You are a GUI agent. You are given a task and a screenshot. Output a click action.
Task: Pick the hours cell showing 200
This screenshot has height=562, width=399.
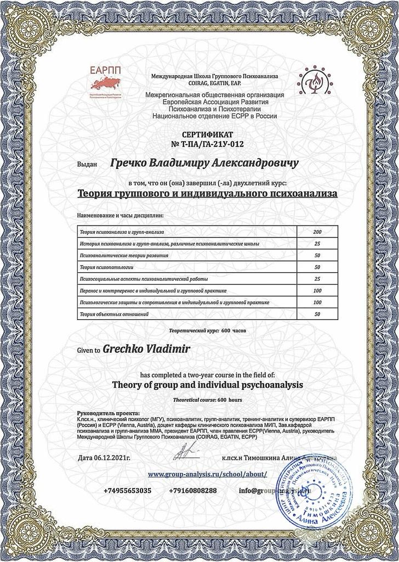coord(317,232)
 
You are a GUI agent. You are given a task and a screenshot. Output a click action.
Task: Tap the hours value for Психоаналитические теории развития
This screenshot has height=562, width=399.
coord(317,256)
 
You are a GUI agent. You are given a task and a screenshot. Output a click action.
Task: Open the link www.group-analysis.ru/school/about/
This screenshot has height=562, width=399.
coord(207,473)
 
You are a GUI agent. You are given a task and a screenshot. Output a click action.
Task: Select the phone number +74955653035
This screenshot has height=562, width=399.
coord(127,490)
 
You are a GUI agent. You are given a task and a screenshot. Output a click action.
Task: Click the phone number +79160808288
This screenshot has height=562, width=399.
coord(192,490)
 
